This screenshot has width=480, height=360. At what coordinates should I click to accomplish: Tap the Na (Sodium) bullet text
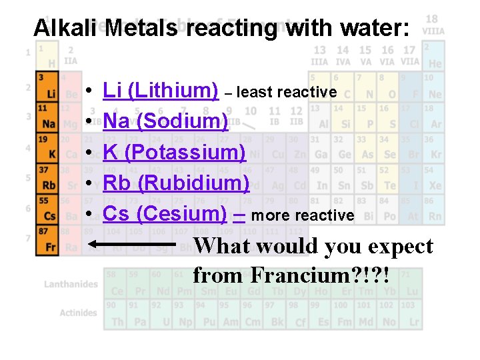tap(166, 121)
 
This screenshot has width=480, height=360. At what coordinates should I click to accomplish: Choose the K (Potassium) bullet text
tap(174, 152)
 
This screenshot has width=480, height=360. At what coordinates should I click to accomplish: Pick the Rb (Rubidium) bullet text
tap(176, 183)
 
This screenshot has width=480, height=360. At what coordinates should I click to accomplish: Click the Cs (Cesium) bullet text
tap(165, 213)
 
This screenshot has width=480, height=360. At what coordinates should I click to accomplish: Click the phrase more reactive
tap(303, 215)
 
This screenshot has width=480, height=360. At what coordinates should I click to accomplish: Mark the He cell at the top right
tap(434, 57)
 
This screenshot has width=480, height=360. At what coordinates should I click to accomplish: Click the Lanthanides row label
tap(71, 284)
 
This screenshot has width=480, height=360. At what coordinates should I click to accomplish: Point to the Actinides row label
tap(78, 313)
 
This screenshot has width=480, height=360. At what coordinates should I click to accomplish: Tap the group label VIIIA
tap(432, 31)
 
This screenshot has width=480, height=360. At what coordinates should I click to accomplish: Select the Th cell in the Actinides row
tap(117, 316)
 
